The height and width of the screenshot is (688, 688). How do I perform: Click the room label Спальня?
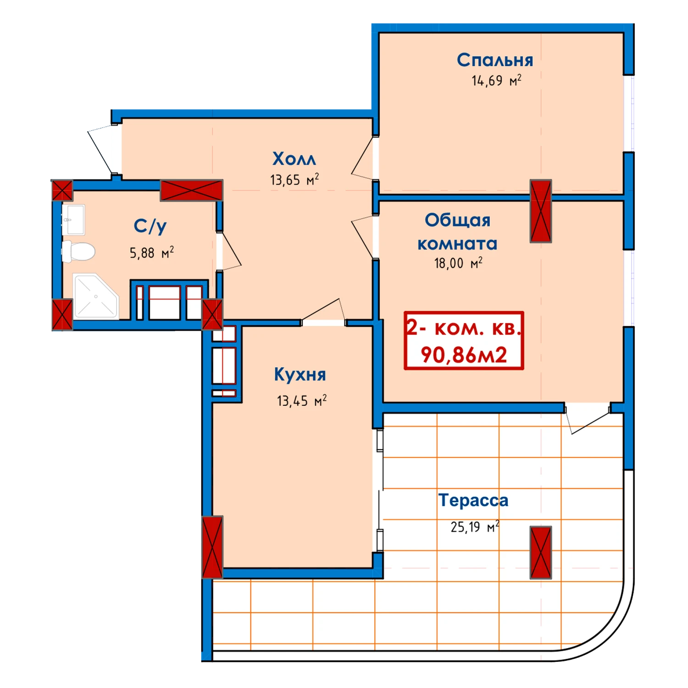pyautogui.click(x=495, y=60)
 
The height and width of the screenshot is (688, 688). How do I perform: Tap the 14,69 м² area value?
pyautogui.click(x=496, y=81)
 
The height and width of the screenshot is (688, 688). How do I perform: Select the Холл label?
pyautogui.click(x=294, y=159)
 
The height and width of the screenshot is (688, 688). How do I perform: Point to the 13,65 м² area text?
pyautogui.click(x=294, y=180)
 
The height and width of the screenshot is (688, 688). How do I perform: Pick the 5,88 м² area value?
pyautogui.click(x=152, y=252)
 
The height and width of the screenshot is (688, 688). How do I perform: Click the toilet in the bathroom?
pyautogui.click(x=78, y=251)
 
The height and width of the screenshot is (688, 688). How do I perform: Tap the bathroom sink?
pyautogui.click(x=73, y=220)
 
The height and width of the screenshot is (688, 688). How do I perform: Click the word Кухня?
pyautogui.click(x=300, y=374)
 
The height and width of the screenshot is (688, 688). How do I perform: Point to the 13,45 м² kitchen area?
pyautogui.click(x=302, y=400)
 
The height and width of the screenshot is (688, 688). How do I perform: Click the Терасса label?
pyautogui.click(x=473, y=500)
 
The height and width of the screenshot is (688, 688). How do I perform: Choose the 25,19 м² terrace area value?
pyautogui.click(x=475, y=527)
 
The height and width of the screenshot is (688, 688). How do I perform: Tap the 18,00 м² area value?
pyautogui.click(x=458, y=263)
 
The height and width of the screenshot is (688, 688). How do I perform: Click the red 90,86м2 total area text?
pyautogui.click(x=464, y=355)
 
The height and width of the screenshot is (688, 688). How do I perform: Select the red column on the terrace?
pyautogui.click(x=541, y=552)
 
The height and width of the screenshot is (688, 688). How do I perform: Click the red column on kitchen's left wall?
pyautogui.click(x=212, y=547)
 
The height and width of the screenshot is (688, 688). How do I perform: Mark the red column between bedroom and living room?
pyautogui.click(x=541, y=211)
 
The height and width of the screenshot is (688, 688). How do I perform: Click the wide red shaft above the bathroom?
pyautogui.click(x=191, y=190)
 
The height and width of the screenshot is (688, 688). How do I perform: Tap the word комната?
pyautogui.click(x=457, y=244)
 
